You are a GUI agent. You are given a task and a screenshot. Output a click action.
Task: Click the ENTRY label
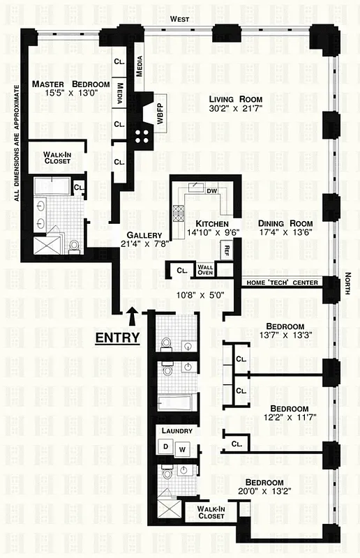(117, 338)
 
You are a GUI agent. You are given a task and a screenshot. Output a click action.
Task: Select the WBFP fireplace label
(160, 110)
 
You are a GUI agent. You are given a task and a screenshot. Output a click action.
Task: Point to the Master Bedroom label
(70, 84)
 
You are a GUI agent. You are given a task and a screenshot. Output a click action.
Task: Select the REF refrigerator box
(226, 248)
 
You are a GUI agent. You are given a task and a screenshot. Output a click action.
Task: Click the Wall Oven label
(204, 269)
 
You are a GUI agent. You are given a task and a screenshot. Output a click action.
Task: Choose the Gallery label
(144, 234)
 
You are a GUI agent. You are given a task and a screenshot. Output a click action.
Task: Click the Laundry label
(171, 431)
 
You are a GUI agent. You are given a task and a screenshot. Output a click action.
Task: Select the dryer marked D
(167, 446)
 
